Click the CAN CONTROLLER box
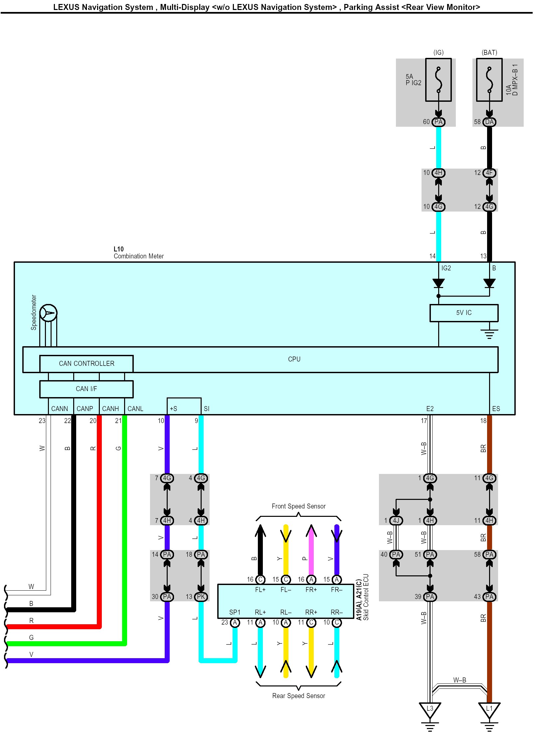tap(87, 364)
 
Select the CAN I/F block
tap(87, 389)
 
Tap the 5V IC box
tap(464, 313)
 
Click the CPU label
tap(294, 359)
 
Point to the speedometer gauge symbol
tap(49, 313)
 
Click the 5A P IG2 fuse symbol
tap(439, 80)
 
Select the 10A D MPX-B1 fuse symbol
tap(489, 80)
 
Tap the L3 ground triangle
tap(430, 709)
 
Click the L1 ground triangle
tap(489, 709)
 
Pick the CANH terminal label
tap(110, 409)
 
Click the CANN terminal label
tap(60, 409)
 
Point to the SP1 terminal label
tap(235, 612)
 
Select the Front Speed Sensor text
tap(298, 506)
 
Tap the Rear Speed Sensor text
tap(298, 696)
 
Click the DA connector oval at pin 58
tap(489, 122)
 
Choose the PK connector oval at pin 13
tap(201, 597)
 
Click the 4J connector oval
tap(396, 520)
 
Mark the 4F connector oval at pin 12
tap(489, 173)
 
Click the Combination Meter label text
tap(139, 256)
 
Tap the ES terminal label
tap(496, 409)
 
